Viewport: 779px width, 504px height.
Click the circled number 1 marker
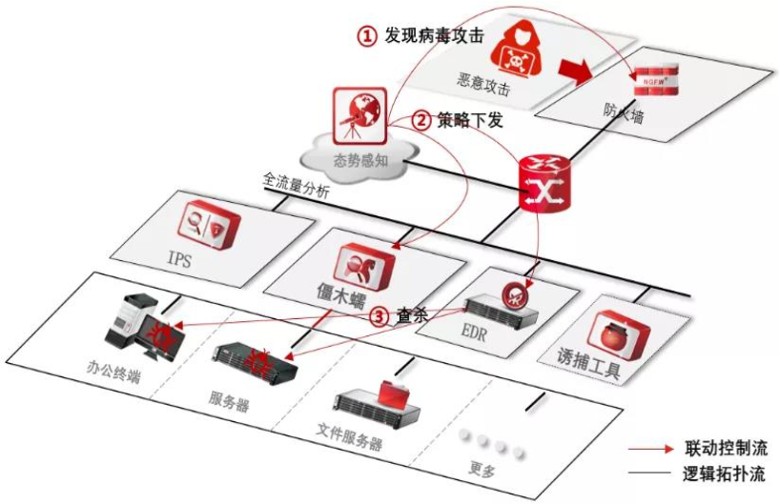pos(367,35)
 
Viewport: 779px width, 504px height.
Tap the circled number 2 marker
pos(421,121)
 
